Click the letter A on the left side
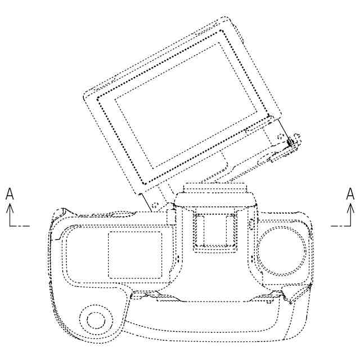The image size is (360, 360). [x=10, y=193]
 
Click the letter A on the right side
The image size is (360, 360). [x=350, y=193]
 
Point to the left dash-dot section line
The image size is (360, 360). [x=20, y=226]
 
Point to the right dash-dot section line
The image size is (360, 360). [x=341, y=226]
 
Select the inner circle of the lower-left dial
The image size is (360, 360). [x=96, y=320]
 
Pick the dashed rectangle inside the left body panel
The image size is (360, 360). [x=135, y=255]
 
